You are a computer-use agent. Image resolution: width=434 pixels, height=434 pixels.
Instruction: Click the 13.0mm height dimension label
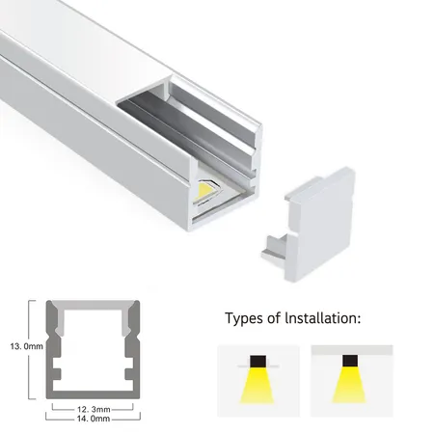26,346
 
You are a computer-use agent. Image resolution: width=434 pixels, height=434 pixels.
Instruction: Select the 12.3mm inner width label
94,409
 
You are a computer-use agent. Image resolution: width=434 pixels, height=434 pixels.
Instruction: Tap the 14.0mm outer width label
94,419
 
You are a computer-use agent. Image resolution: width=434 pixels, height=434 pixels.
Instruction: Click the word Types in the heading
244,318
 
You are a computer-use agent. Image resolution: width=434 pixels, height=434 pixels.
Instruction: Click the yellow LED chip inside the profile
203,191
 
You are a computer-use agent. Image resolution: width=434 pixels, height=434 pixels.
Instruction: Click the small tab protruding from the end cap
275,248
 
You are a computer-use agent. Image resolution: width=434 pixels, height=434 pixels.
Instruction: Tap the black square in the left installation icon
258,361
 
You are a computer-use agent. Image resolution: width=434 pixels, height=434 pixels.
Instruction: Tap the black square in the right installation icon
350,361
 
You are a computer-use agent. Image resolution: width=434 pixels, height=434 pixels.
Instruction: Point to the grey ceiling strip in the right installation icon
352,350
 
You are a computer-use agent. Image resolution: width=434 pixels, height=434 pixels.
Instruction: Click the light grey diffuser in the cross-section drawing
94,306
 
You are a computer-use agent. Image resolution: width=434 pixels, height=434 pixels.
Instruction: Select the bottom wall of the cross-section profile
93,394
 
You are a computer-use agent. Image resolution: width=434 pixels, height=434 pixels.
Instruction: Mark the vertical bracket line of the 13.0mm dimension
30,350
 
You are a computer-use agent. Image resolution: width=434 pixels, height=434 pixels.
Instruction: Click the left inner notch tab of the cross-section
56,373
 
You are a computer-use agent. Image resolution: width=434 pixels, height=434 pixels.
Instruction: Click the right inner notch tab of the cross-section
130,373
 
